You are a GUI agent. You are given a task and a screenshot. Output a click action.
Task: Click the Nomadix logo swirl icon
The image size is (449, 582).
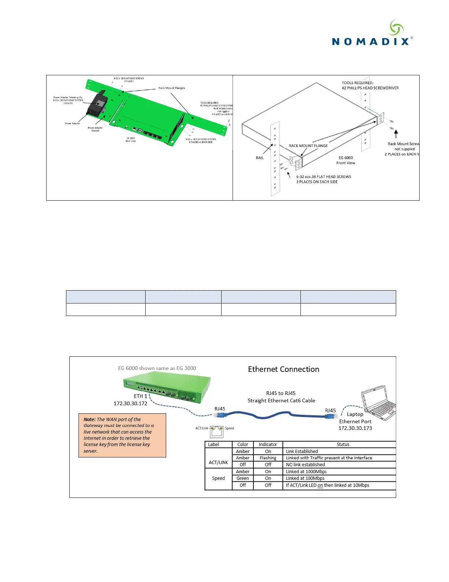[x=396, y=28]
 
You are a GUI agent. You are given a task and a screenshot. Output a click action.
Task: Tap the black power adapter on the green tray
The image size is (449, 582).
[x=97, y=104]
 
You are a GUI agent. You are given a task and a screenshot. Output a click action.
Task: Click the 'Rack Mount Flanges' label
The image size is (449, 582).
[x=172, y=88]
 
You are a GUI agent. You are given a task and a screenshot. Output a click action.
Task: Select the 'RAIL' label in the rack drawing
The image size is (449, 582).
[x=259, y=158]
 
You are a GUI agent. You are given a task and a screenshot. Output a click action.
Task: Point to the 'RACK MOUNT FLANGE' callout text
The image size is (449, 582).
[x=308, y=146]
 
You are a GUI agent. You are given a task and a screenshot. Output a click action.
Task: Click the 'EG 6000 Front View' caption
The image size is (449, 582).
[x=346, y=160]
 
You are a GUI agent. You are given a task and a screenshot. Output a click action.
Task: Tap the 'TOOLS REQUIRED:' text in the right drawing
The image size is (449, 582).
[x=358, y=83]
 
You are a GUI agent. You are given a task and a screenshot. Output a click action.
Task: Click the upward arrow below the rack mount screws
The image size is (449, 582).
[x=396, y=133]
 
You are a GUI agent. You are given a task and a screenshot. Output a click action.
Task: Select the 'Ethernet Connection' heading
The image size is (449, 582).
[x=284, y=369]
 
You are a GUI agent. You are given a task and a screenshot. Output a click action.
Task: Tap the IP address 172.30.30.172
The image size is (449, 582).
[x=130, y=403]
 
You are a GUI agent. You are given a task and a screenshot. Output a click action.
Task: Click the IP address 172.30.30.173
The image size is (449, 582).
[x=355, y=428]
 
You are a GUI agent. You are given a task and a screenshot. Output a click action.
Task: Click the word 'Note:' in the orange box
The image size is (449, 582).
[x=90, y=419]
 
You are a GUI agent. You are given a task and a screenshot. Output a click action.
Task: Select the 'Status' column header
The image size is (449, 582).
[x=343, y=445]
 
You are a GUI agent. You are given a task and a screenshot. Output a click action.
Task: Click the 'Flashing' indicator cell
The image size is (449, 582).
[x=268, y=458]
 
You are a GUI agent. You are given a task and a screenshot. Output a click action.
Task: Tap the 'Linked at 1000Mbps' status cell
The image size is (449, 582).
[x=306, y=472]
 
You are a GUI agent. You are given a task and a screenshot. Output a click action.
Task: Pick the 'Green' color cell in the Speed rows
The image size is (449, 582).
[x=242, y=478]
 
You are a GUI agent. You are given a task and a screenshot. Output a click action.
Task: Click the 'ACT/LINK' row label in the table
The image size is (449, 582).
[x=218, y=463]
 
